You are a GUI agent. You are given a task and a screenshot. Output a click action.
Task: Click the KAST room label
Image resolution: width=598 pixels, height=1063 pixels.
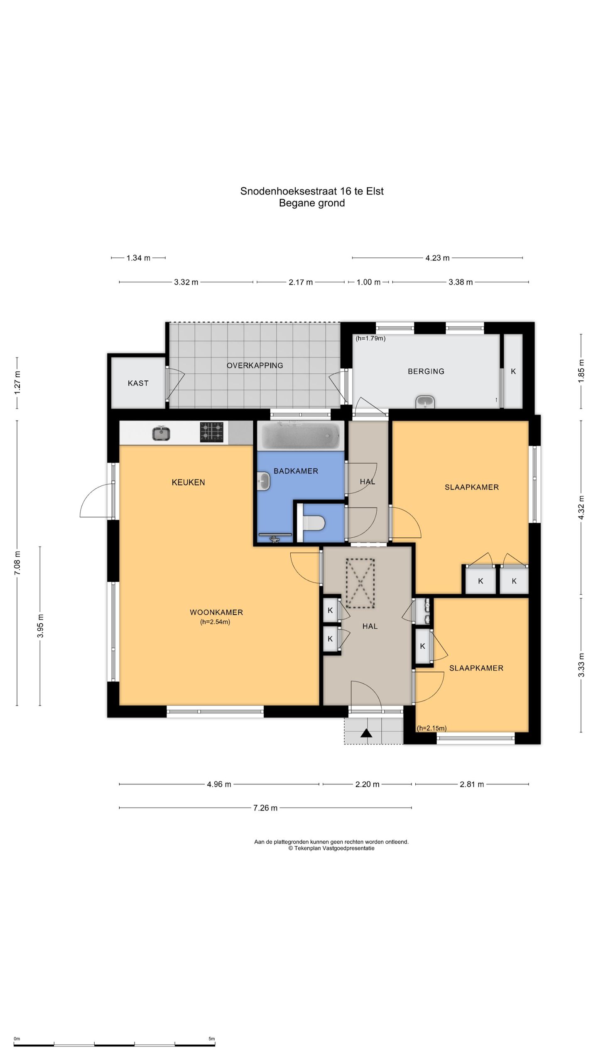point(138,383)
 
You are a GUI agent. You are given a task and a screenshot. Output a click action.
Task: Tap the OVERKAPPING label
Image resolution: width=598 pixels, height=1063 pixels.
point(255,365)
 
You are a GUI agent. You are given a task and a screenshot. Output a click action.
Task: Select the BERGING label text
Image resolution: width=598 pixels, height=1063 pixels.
point(426,371)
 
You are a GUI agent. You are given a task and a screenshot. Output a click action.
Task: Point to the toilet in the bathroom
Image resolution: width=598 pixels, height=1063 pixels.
point(313,523)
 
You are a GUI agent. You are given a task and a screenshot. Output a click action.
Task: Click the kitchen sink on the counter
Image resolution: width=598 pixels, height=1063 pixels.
point(161,434)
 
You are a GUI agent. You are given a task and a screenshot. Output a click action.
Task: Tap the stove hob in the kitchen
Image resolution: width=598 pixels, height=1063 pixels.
point(212,432)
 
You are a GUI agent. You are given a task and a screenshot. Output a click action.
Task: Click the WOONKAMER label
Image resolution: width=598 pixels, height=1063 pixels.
point(216,612)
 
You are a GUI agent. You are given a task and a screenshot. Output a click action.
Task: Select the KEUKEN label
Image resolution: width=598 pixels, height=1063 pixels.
point(189,482)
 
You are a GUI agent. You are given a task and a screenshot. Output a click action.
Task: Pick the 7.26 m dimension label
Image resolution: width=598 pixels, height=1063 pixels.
point(265,808)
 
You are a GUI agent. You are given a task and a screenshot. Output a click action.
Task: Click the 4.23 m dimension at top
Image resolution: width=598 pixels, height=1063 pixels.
point(437,258)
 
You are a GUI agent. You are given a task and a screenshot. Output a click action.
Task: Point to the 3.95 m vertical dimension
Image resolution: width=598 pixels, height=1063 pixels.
point(40,625)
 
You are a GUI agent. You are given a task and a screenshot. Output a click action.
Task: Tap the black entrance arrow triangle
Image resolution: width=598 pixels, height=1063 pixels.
point(366,733)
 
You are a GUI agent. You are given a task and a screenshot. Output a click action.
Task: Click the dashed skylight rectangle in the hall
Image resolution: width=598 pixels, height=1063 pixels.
point(360,583)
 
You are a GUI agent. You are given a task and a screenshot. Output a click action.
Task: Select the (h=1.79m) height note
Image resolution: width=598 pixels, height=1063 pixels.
point(370,338)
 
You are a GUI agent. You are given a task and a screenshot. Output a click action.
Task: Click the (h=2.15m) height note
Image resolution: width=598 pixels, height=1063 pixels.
point(432,728)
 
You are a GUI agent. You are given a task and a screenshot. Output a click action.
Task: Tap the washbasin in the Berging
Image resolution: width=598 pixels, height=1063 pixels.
point(425,402)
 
